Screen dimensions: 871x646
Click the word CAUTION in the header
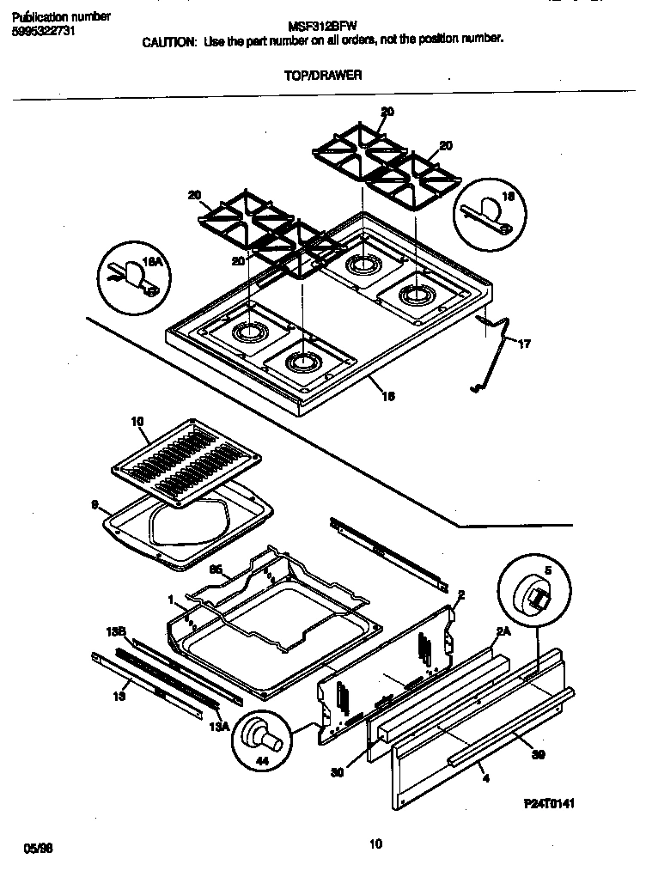pos(168,40)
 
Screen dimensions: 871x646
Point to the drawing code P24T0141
pos(548,803)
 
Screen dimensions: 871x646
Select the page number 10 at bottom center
pos(375,844)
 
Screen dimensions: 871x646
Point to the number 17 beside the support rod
pos(524,344)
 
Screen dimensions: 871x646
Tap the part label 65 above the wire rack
pos(216,568)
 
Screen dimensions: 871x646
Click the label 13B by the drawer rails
pos(117,631)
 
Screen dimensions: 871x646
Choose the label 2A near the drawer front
pos(503,631)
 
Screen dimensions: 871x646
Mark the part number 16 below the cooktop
pos(388,396)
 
